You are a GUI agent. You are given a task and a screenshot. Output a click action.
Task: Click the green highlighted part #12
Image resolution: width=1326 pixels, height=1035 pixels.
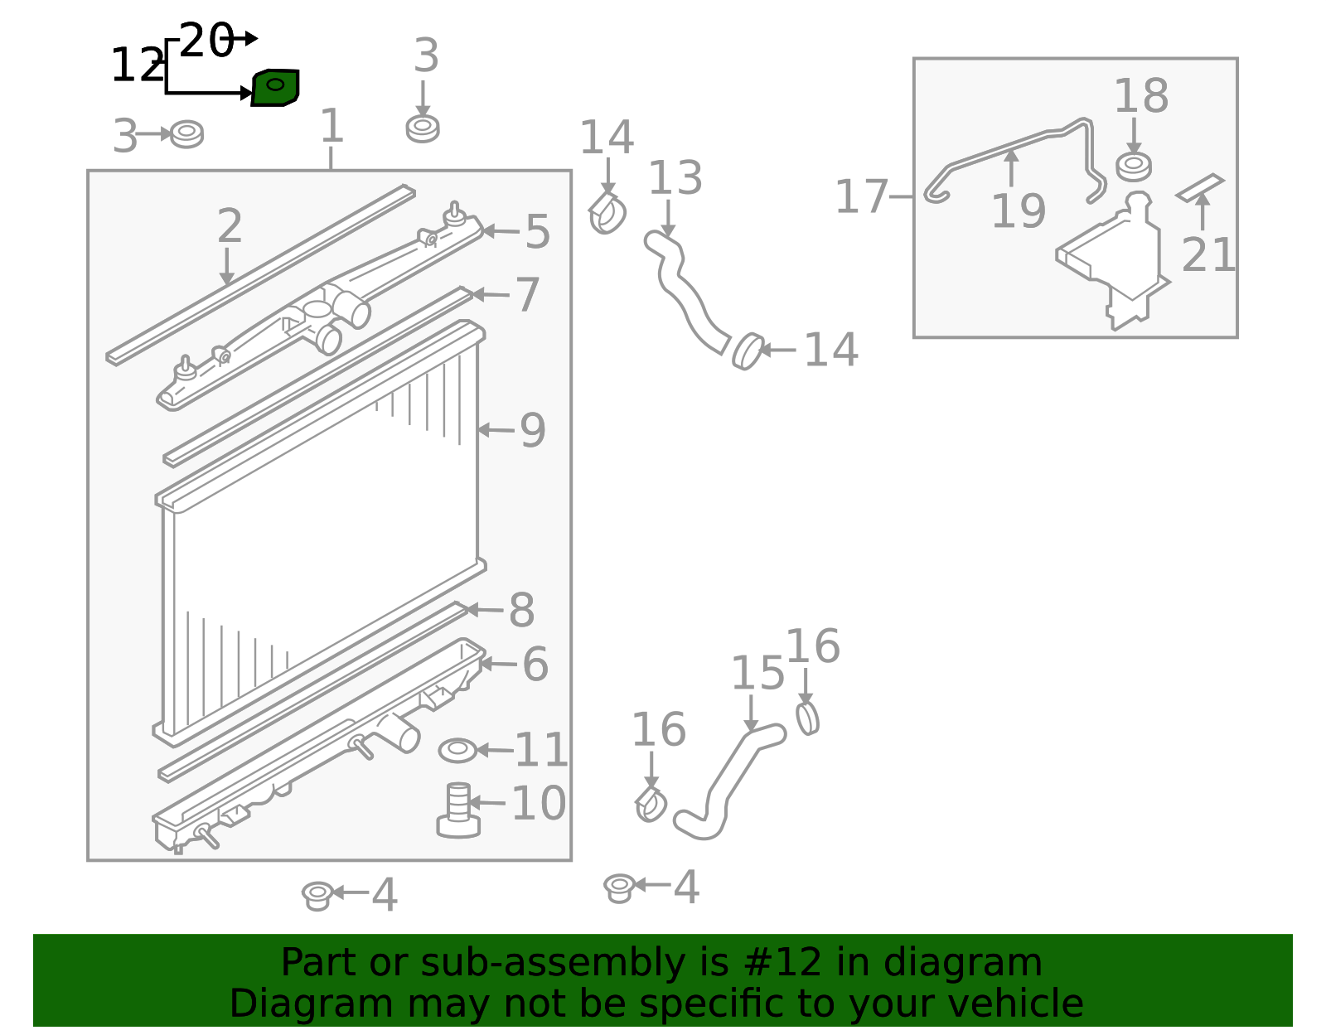275,88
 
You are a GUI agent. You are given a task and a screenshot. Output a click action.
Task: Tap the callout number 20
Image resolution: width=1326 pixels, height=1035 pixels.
206,41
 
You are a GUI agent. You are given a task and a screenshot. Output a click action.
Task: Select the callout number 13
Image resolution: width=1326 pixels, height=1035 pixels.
675,177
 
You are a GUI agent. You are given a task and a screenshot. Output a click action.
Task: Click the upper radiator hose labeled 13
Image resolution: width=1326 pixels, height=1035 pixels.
684,287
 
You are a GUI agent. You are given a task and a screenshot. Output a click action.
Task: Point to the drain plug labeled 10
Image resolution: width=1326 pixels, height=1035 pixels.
459,810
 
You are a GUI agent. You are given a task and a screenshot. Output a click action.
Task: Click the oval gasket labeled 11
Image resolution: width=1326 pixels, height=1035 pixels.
457,750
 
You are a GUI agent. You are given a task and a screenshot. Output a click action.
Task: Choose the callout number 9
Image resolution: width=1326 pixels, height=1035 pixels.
532,431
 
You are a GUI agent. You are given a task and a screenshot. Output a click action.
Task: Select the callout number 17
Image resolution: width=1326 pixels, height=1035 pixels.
861,196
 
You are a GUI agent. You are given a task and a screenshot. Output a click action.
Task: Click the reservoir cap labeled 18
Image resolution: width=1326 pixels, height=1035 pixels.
1134,167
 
